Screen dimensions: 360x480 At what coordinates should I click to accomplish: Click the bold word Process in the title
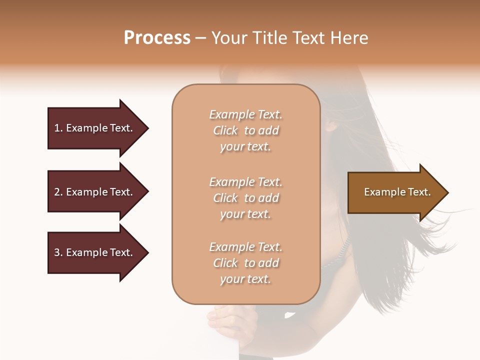point(157,38)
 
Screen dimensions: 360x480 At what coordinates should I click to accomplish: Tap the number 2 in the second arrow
point(57,192)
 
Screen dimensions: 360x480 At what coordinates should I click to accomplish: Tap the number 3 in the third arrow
point(57,252)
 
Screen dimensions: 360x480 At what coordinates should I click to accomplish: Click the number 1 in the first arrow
point(57,128)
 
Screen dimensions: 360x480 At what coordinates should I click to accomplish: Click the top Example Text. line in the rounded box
point(245,114)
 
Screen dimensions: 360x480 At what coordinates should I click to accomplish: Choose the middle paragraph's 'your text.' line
point(245,214)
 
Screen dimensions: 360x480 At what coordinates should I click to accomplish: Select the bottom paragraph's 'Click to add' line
point(245,263)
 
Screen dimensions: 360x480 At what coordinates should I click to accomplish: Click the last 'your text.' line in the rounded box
point(245,279)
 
